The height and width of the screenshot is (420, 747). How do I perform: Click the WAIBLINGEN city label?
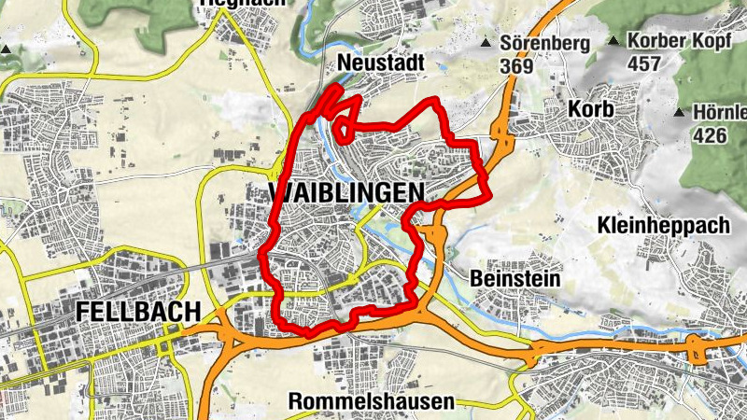[x=345, y=192]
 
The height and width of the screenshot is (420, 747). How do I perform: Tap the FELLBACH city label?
[x=138, y=310]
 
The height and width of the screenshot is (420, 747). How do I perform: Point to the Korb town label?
[x=590, y=109]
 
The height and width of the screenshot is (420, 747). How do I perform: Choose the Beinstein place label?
[x=515, y=278]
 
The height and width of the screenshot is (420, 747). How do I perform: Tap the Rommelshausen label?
[x=372, y=401]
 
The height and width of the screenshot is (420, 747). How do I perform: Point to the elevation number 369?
[x=515, y=66]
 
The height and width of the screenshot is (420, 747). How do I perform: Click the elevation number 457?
[x=644, y=64]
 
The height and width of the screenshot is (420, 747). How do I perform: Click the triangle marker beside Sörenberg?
[x=486, y=43]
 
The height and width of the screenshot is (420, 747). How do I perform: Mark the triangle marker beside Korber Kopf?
[x=613, y=41]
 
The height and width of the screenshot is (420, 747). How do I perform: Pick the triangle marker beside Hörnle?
[x=680, y=113]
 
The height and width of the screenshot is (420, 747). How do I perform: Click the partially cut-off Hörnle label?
[x=720, y=113]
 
